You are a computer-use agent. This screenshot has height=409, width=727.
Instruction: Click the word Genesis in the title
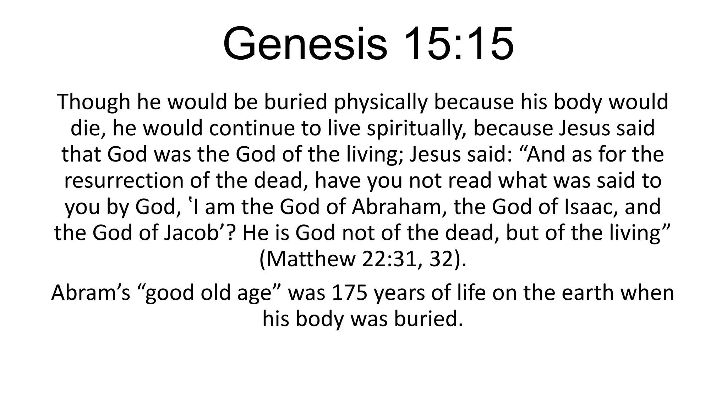coord(305,44)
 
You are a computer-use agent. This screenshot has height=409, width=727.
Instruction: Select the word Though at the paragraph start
coord(93,102)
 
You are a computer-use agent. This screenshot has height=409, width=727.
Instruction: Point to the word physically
coord(381,102)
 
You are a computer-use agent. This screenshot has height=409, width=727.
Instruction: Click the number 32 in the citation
coord(440,260)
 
